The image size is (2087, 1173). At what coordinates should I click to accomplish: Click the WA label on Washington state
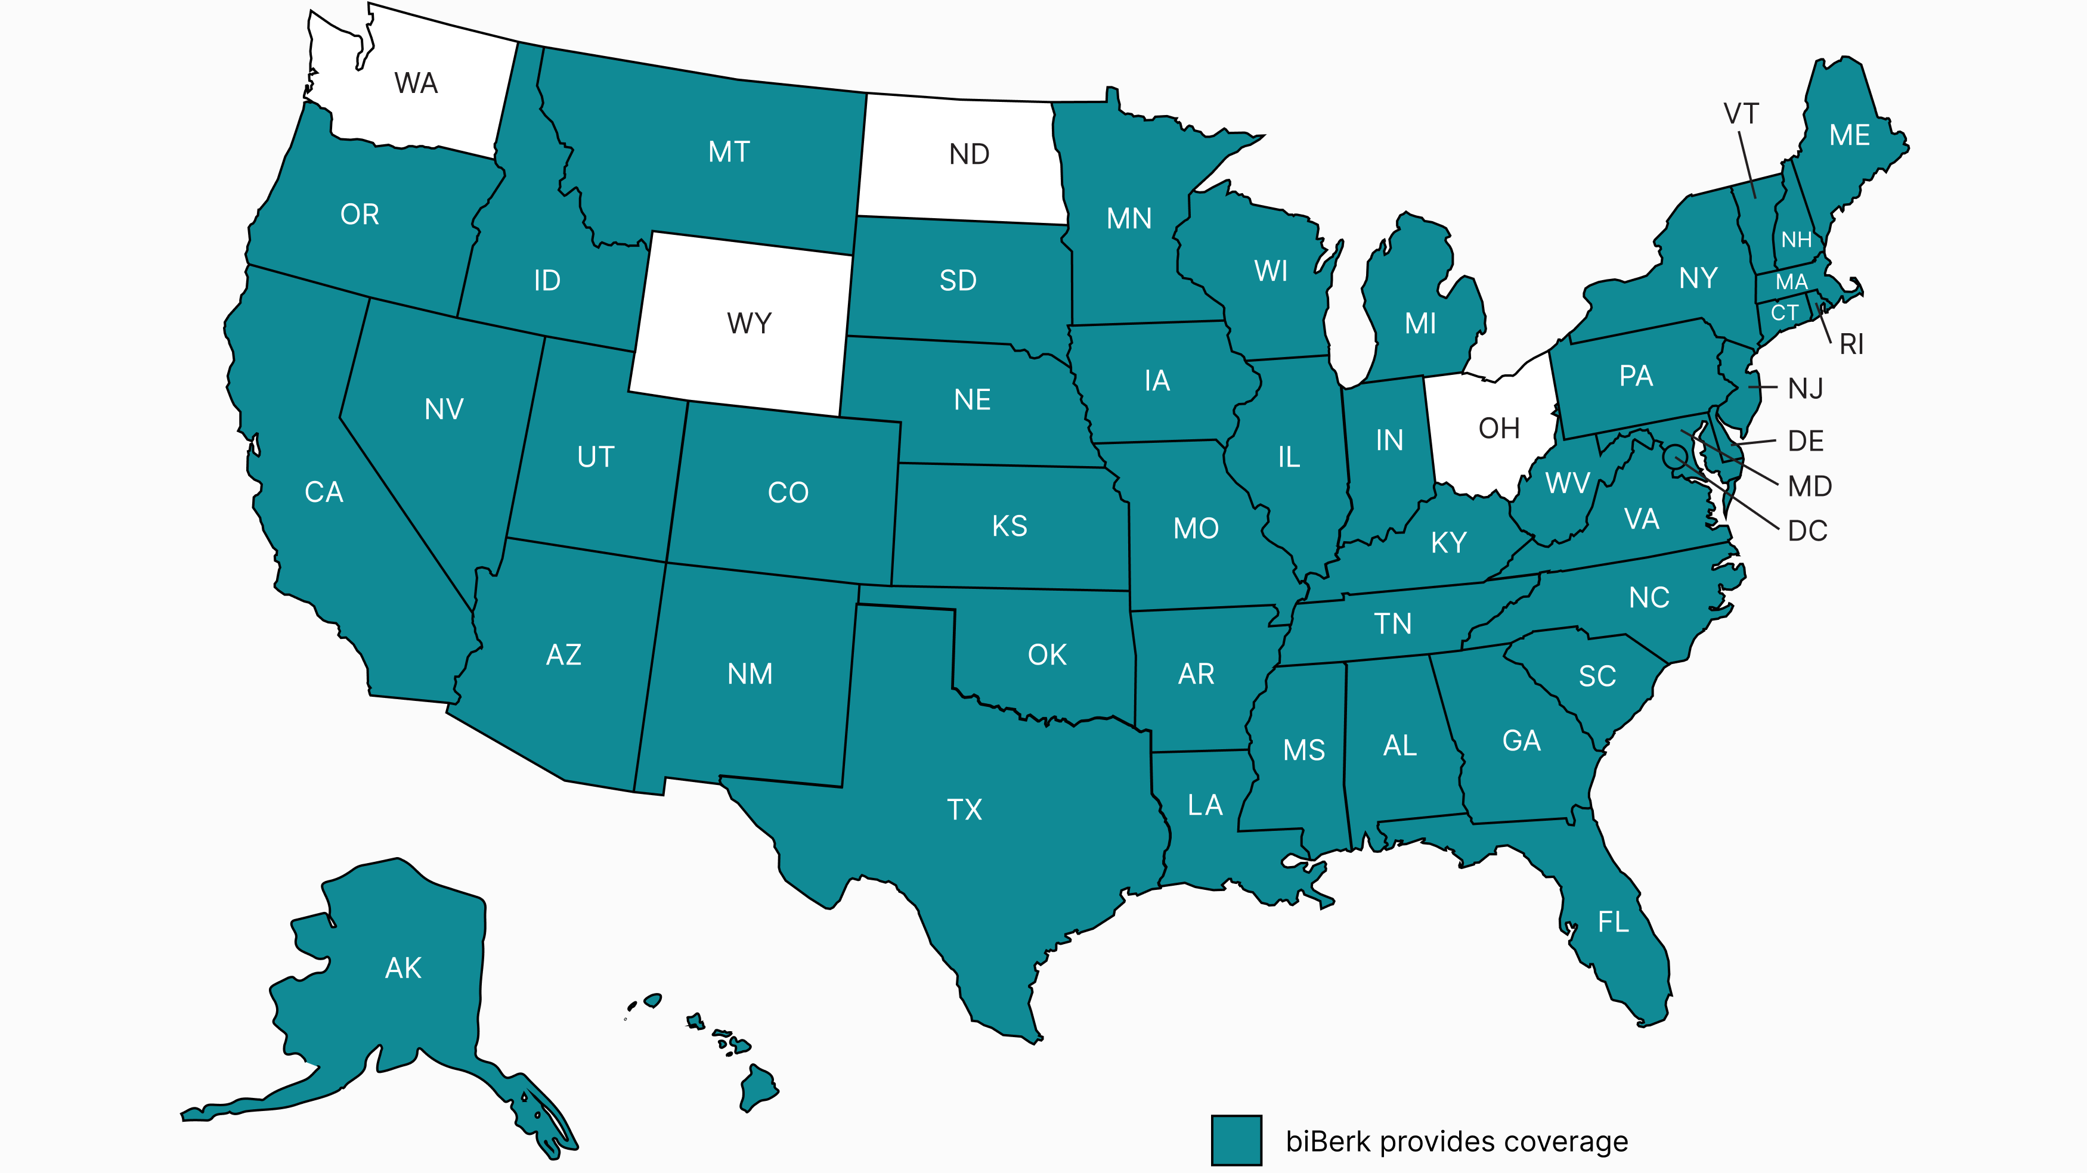(x=416, y=83)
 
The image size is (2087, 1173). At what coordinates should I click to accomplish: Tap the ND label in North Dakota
(x=969, y=154)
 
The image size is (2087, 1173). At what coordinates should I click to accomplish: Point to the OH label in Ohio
(x=1499, y=429)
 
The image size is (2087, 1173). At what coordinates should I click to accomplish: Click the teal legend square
(x=1236, y=1140)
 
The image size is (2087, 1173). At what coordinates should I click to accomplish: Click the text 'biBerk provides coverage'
(x=1457, y=1141)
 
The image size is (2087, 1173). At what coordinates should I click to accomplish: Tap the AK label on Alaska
(x=402, y=967)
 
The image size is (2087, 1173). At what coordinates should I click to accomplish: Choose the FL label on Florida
(x=1613, y=922)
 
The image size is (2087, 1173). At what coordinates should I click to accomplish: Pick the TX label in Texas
(x=964, y=809)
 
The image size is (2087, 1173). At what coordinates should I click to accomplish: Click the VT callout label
(x=1741, y=114)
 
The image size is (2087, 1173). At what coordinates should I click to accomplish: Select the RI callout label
(x=1851, y=345)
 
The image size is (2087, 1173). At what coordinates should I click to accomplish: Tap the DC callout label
(x=1807, y=532)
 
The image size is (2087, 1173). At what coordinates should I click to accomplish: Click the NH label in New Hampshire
(x=1796, y=240)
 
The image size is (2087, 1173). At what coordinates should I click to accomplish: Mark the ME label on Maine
(x=1850, y=135)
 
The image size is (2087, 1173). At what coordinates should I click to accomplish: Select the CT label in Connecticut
(x=1784, y=313)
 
